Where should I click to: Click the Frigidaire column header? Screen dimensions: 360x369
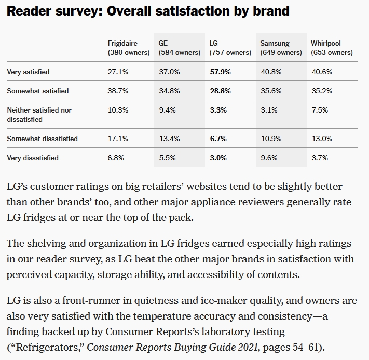[x=124, y=44]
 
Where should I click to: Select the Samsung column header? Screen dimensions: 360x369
[x=275, y=44]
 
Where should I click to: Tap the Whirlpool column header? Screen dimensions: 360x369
[x=326, y=44]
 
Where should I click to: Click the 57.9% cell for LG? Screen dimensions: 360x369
[x=220, y=72]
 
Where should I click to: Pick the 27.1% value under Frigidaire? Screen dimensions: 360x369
[x=118, y=72]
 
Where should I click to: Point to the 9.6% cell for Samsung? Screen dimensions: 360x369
[x=269, y=158]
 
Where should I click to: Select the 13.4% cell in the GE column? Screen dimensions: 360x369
[x=169, y=139]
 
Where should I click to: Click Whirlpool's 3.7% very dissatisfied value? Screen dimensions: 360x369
[x=319, y=158]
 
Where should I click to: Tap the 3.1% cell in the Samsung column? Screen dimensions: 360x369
[x=269, y=110]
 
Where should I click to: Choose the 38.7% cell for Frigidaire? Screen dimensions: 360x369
[x=118, y=91]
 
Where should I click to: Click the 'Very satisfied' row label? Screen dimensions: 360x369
[x=28, y=72]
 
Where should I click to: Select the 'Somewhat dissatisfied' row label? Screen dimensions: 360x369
[x=43, y=139]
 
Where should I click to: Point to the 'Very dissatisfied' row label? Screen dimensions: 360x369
[x=33, y=158]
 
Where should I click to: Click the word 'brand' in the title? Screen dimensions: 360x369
[x=269, y=11]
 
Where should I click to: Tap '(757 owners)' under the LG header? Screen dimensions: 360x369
[x=230, y=52]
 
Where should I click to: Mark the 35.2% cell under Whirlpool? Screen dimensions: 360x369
[x=321, y=91]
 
